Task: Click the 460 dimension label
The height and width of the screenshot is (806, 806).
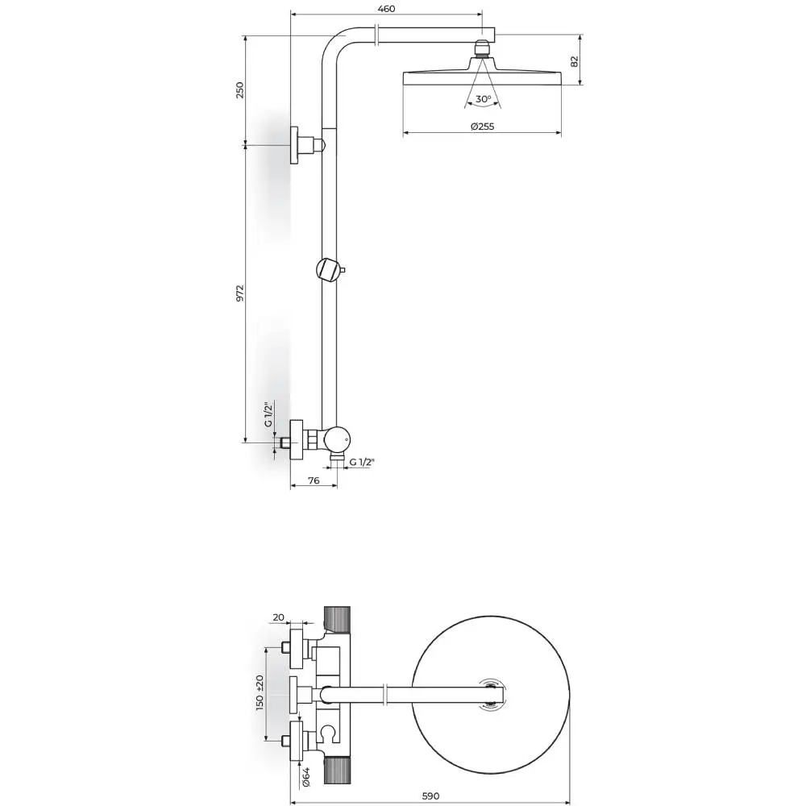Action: (x=386, y=9)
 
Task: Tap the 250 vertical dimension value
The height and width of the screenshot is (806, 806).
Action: (x=239, y=90)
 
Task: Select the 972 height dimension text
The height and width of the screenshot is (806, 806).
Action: (x=239, y=293)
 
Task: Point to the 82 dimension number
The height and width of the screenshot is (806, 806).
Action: (x=575, y=61)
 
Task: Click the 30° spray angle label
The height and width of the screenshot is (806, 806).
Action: (x=483, y=98)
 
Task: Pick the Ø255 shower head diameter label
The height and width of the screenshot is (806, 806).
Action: (x=482, y=126)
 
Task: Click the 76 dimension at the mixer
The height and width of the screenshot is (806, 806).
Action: (x=314, y=480)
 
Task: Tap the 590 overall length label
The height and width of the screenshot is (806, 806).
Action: (x=430, y=796)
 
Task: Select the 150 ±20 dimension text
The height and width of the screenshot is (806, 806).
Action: (x=260, y=693)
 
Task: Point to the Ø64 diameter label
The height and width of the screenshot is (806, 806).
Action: (x=305, y=777)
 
